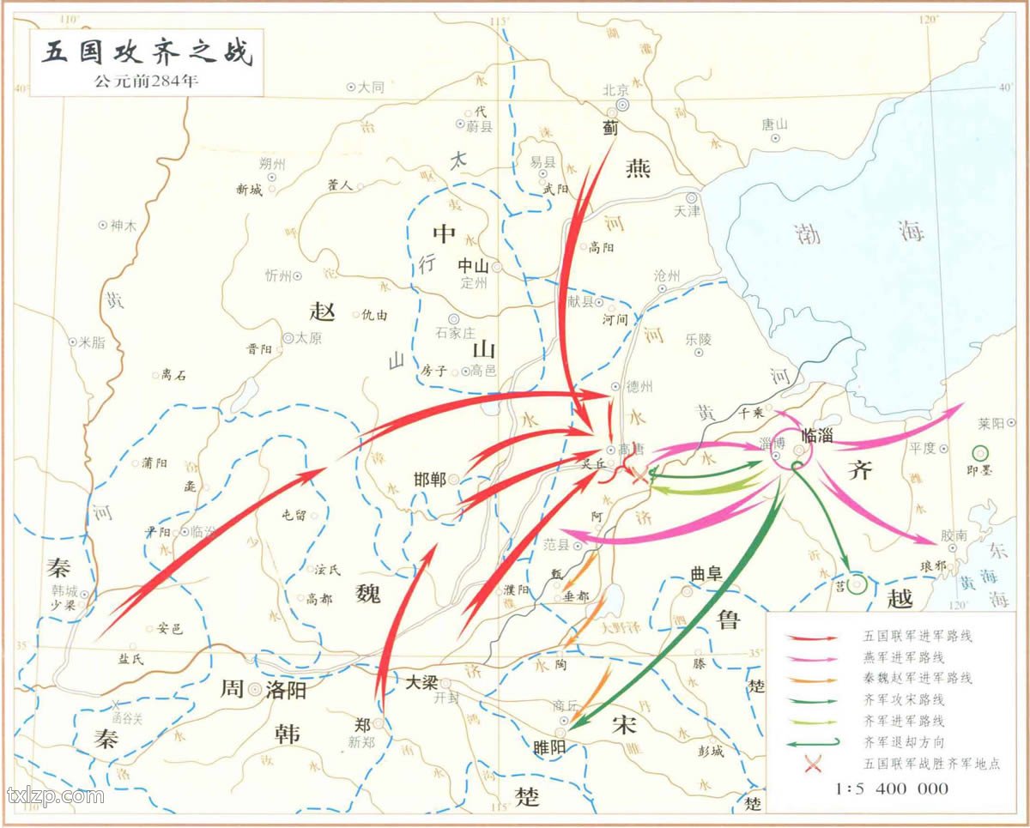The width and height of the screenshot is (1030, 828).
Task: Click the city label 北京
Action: click(616, 89)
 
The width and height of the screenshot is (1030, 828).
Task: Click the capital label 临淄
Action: click(816, 433)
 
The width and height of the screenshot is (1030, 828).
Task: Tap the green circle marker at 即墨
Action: click(979, 453)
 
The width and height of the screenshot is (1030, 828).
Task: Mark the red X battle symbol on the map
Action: click(640, 477)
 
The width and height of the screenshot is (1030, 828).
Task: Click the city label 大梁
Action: click(422, 682)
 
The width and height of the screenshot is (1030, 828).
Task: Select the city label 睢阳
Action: click(549, 746)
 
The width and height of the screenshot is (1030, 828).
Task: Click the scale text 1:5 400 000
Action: click(893, 788)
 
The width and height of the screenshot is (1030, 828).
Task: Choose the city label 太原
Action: click(308, 338)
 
